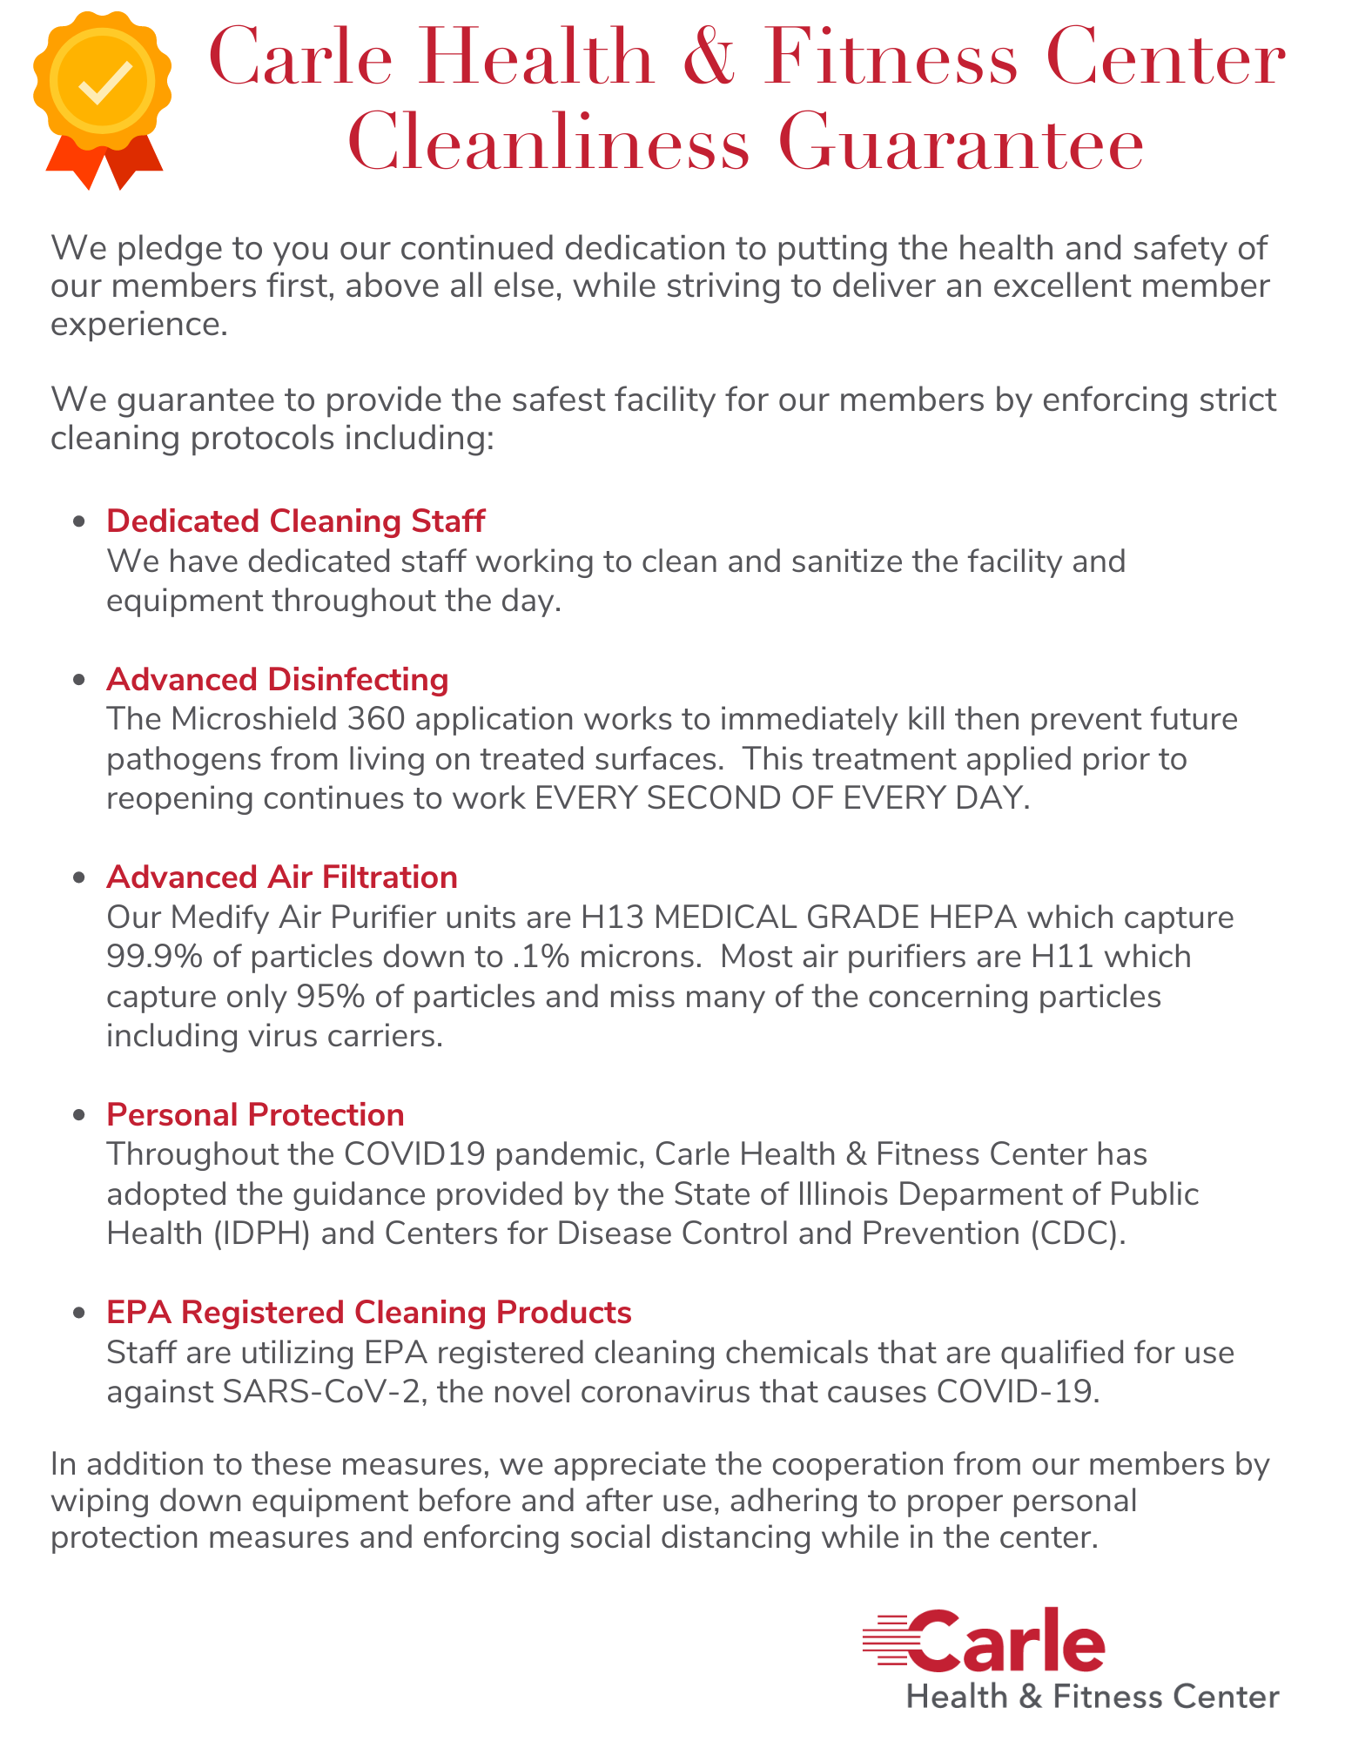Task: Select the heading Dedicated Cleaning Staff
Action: click(295, 521)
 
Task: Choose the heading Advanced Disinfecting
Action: click(277, 679)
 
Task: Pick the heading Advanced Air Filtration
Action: click(281, 877)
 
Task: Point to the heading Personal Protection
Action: click(255, 1114)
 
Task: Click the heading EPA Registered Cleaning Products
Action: click(368, 1312)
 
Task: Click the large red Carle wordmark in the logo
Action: click(1005, 1641)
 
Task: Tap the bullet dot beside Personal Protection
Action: click(80, 1115)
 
